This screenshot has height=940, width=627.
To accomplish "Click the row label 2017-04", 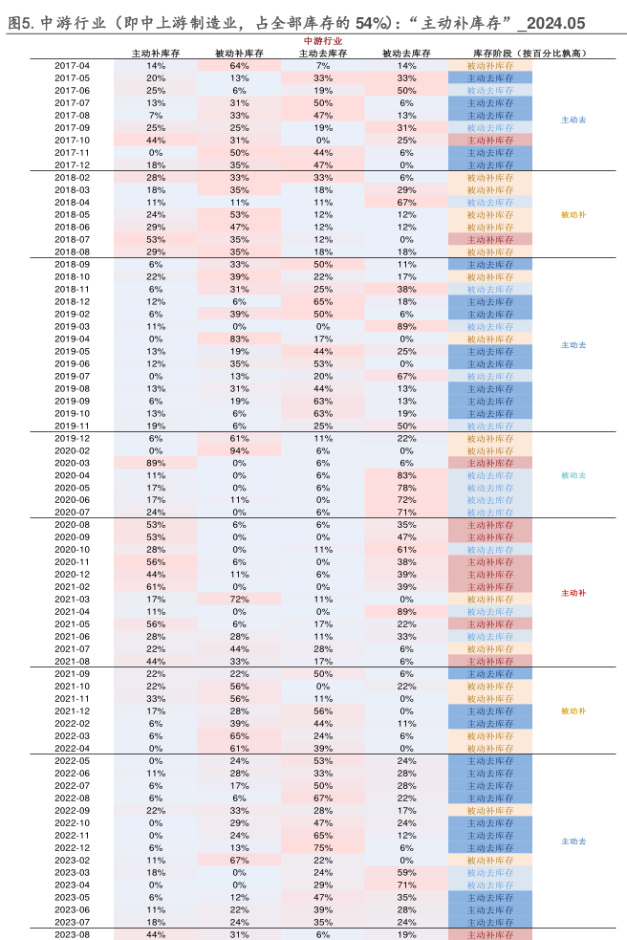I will [72, 66].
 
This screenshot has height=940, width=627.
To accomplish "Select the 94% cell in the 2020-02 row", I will [239, 450].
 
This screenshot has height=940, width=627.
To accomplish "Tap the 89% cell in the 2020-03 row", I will [156, 463].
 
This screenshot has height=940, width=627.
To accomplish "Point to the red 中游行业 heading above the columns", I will [322, 41].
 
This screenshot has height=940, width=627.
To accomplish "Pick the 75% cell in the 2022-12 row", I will [323, 848].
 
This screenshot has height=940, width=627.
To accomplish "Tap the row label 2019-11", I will [72, 426].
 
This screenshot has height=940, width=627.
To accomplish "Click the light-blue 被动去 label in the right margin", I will [573, 475].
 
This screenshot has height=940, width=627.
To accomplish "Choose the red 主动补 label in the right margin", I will [573, 594].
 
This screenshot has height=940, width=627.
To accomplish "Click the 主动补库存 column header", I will [156, 54].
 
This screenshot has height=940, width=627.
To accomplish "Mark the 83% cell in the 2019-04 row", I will [239, 339].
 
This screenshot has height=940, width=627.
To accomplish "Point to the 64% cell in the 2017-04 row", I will [239, 66].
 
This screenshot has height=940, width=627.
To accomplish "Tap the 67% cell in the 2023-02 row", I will [239, 861].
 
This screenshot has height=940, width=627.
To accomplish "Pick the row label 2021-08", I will [72, 661].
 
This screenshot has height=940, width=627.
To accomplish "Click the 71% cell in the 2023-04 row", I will [406, 885].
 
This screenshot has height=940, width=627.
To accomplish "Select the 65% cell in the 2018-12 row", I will [323, 302].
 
